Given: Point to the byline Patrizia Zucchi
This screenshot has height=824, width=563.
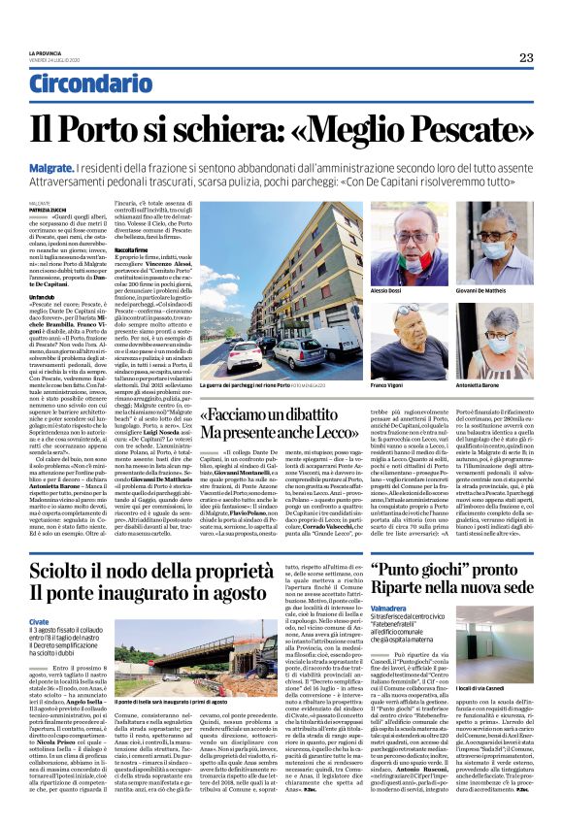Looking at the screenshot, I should [x=52, y=209].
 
